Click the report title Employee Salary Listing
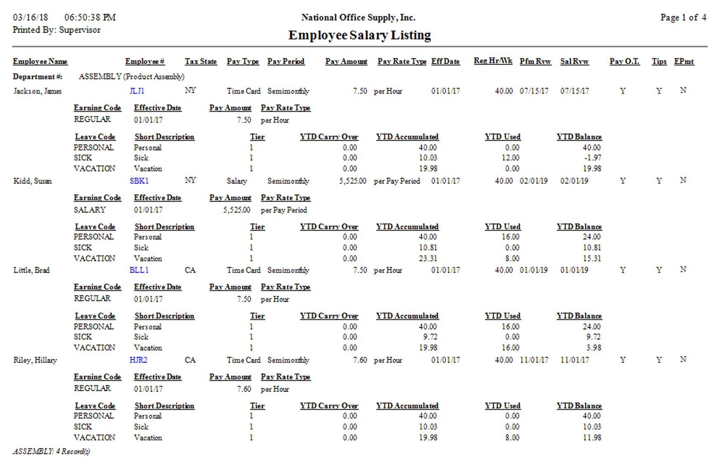(359, 35)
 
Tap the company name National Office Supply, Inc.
(358, 17)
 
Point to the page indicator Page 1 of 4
(683, 17)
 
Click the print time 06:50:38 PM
(90, 17)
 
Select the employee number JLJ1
(137, 91)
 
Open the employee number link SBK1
(139, 181)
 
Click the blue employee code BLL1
(139, 270)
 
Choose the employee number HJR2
(138, 360)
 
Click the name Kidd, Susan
(33, 181)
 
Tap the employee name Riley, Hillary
(35, 360)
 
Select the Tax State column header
(201, 61)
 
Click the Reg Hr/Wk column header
(493, 61)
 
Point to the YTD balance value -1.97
(593, 158)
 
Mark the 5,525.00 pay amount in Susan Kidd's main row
(353, 181)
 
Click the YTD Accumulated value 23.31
(428, 258)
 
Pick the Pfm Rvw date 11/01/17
(534, 360)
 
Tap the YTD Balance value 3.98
(594, 348)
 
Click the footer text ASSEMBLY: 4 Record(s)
(52, 451)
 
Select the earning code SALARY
(89, 210)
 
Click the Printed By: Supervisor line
(56, 30)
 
